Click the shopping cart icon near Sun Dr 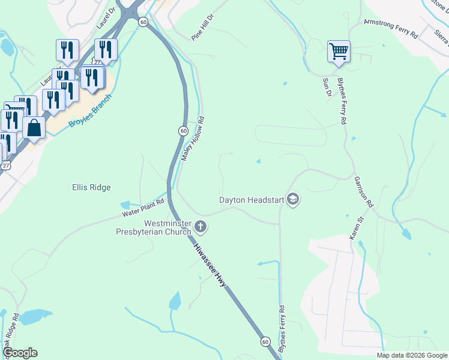click(x=339, y=51)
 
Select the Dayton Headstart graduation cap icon click(x=293, y=199)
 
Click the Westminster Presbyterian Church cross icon click(x=200, y=227)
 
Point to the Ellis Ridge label click(x=91, y=187)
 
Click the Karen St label click(x=358, y=229)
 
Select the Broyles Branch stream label click(x=90, y=110)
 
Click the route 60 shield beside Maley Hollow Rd click(x=182, y=131)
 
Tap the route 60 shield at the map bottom click(x=265, y=341)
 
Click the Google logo click(x=20, y=353)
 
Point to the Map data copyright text click(x=412, y=355)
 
